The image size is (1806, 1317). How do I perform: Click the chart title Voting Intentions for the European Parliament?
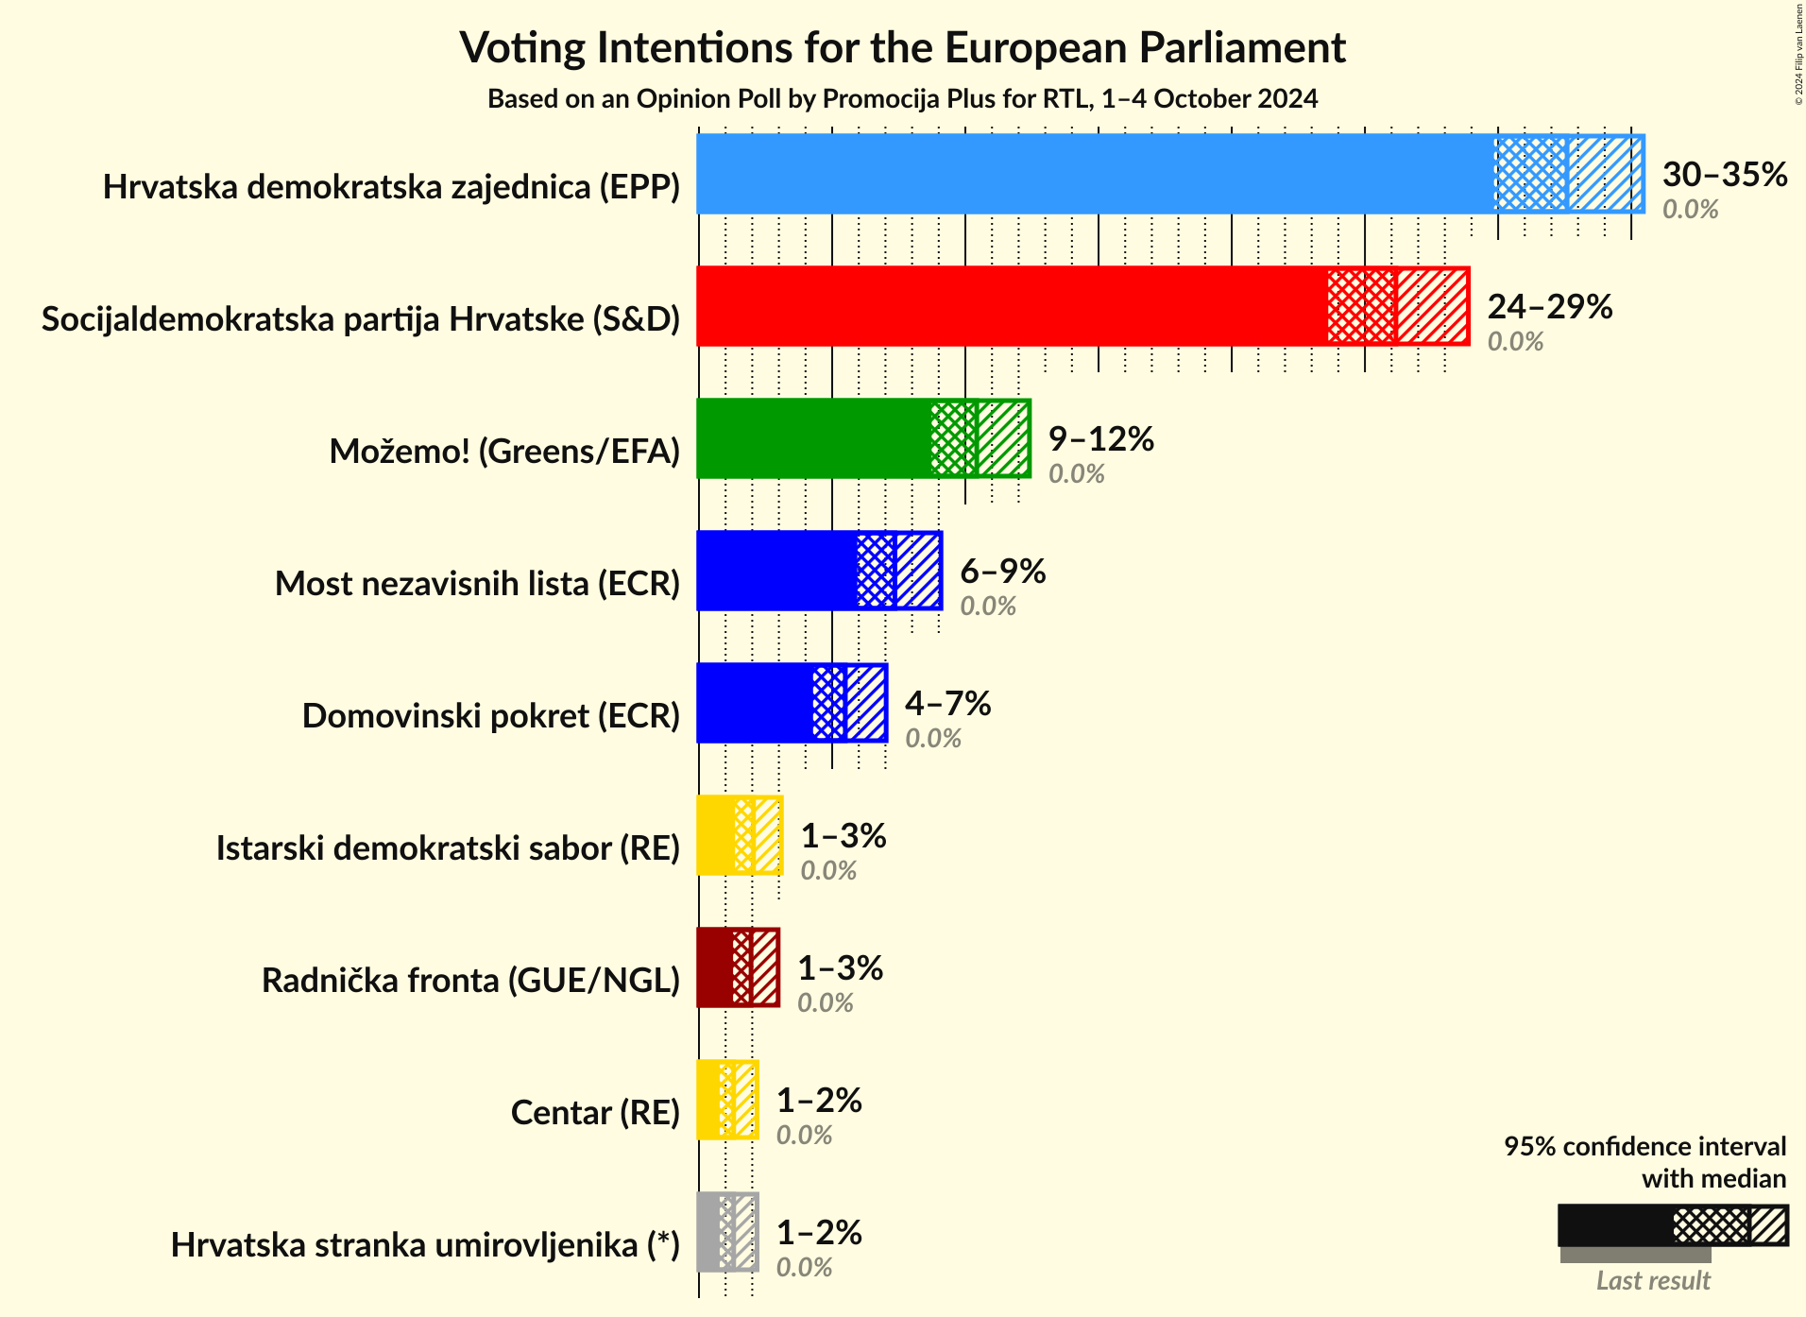point(902,47)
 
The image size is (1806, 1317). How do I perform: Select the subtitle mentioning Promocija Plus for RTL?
point(902,99)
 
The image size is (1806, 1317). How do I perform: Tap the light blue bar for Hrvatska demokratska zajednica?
point(1096,174)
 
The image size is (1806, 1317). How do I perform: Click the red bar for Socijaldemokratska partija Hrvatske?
point(1011,306)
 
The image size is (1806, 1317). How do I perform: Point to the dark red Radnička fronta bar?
point(715,967)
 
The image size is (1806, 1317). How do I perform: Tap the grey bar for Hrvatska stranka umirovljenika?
point(708,1232)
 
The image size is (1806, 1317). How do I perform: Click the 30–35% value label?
point(1724,175)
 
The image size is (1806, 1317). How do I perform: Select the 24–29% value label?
point(1549,307)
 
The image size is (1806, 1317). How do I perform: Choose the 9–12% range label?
point(1100,439)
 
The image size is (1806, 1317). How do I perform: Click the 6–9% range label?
point(1002,572)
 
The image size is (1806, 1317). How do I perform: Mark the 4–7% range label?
point(947,704)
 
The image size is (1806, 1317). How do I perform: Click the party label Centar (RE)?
point(595,1113)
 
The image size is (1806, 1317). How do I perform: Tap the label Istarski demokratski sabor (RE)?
point(448,848)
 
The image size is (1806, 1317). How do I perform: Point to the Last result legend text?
point(1653,1281)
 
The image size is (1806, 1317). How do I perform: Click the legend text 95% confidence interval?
point(1644,1147)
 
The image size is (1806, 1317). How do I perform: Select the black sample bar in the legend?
point(1615,1225)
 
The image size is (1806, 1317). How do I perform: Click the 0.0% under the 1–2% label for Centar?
point(804,1135)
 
